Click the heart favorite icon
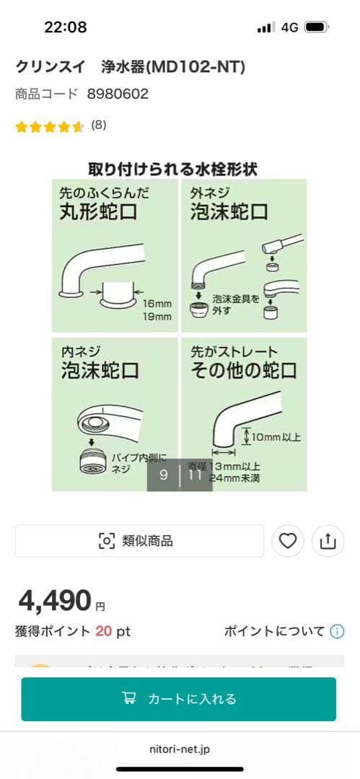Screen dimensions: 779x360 [288, 541]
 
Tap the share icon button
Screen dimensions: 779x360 [328, 541]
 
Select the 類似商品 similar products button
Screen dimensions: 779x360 [139, 541]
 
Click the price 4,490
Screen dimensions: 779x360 [56, 600]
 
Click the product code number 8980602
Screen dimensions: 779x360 [118, 94]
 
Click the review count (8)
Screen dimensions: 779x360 [99, 125]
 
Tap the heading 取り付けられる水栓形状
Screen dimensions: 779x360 [173, 169]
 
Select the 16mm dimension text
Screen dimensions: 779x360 [157, 304]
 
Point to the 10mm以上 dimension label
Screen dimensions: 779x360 [276, 437]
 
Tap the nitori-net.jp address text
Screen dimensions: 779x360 [180, 749]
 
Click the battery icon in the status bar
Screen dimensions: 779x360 [316, 27]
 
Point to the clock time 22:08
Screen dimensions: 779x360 [65, 27]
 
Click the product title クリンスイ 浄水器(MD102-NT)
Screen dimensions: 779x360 [131, 67]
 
